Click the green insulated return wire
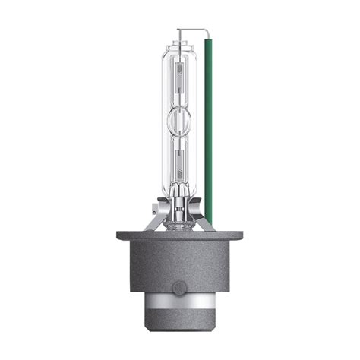coord(209,129)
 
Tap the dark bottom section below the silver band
coord(179,333)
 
